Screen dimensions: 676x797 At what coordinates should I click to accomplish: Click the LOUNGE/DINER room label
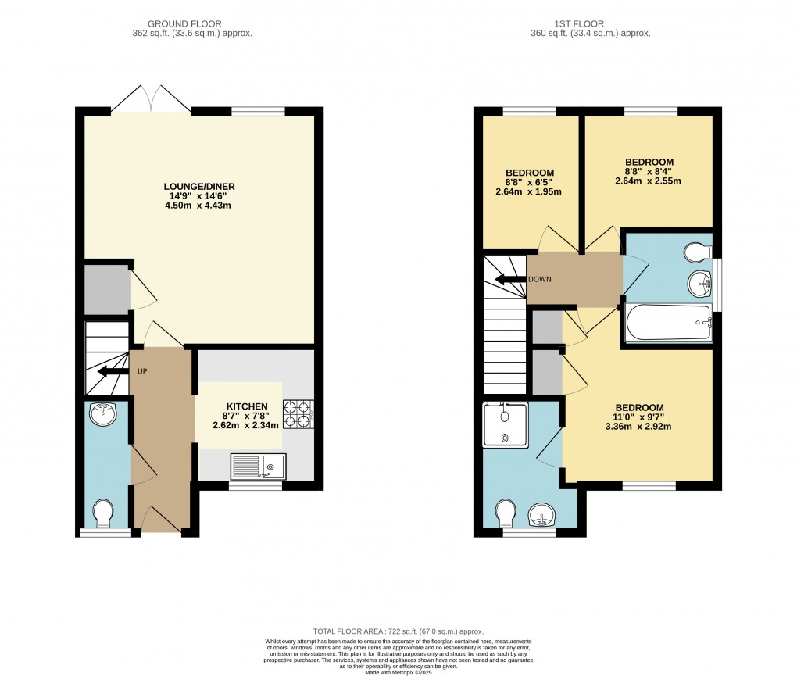point(198,186)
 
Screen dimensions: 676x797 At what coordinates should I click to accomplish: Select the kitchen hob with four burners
point(298,415)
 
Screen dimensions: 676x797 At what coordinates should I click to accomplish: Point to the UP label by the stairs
point(143,371)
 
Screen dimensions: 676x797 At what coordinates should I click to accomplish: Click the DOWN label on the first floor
point(540,279)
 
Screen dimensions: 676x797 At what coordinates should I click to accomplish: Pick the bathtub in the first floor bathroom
point(669,323)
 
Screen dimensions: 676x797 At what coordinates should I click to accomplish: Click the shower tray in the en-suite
point(506,424)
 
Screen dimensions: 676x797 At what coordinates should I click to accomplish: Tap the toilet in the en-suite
point(506,513)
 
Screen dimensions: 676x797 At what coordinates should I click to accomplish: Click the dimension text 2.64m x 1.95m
point(530,191)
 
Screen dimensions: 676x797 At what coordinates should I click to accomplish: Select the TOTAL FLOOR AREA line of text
point(398,631)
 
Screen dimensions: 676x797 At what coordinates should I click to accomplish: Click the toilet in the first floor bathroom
point(695,252)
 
